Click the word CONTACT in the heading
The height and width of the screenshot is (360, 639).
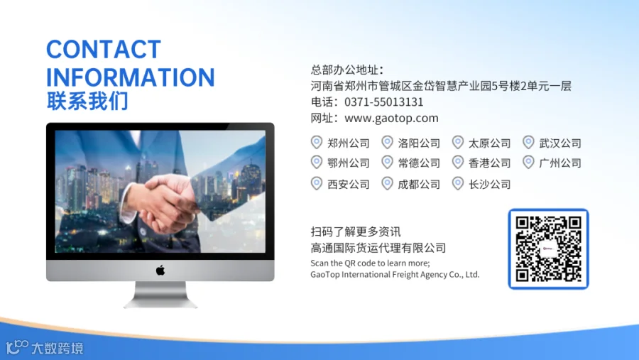(104, 49)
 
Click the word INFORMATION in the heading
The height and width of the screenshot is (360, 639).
(131, 77)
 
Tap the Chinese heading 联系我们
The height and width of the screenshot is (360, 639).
(87, 101)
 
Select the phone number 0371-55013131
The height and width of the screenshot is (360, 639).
(384, 102)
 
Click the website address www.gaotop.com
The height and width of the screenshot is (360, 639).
(391, 119)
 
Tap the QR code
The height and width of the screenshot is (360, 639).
(549, 249)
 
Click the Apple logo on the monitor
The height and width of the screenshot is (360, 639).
(160, 271)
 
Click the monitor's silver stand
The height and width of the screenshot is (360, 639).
(160, 295)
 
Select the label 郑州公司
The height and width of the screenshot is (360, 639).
(349, 143)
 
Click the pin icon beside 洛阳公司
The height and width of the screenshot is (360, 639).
(387, 142)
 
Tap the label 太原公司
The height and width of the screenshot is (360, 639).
(489, 143)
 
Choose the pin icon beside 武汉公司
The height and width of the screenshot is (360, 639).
(528, 142)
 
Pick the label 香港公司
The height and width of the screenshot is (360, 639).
(489, 163)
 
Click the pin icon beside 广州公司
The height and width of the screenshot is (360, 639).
(528, 163)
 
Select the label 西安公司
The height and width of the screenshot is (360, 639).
(349, 185)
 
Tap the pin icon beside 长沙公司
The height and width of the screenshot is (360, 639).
(458, 183)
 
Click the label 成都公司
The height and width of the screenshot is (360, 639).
(419, 185)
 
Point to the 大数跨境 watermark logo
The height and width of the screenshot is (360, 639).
(45, 348)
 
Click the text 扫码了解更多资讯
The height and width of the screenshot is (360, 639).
(356, 231)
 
